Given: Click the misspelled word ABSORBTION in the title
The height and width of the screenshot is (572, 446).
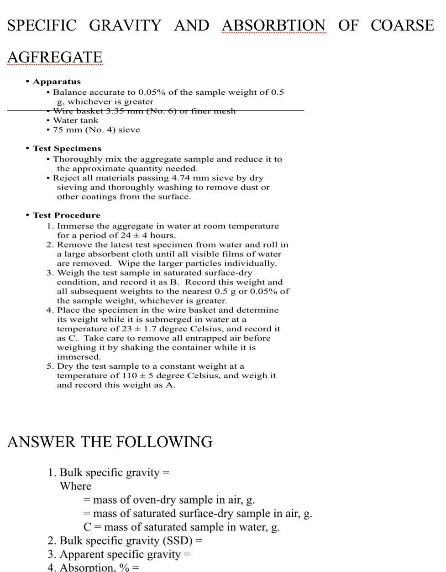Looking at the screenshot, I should click(274, 26).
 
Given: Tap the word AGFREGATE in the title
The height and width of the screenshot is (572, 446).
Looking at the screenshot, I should click(55, 57).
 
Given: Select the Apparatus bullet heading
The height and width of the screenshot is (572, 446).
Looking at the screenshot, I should click(56, 82).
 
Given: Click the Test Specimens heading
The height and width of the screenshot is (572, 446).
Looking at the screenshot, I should click(67, 149).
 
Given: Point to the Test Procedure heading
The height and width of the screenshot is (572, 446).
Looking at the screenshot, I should click(66, 215).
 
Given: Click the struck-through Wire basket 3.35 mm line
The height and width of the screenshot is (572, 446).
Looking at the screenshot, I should click(144, 111).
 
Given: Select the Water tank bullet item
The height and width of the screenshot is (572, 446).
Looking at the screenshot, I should click(75, 120).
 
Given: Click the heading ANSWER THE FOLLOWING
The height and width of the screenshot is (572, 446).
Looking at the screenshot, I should click(110, 442).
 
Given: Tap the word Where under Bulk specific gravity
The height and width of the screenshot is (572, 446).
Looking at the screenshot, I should click(75, 486).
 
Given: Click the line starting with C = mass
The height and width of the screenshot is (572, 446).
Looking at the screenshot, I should click(181, 527).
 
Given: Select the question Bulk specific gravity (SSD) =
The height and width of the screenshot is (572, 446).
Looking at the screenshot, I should click(131, 541).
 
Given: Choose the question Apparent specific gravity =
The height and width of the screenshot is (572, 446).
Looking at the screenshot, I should click(125, 555).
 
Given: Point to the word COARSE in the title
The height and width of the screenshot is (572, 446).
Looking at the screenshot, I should click(402, 26).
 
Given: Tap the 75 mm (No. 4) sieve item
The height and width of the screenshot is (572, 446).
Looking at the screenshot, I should click(96, 130).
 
